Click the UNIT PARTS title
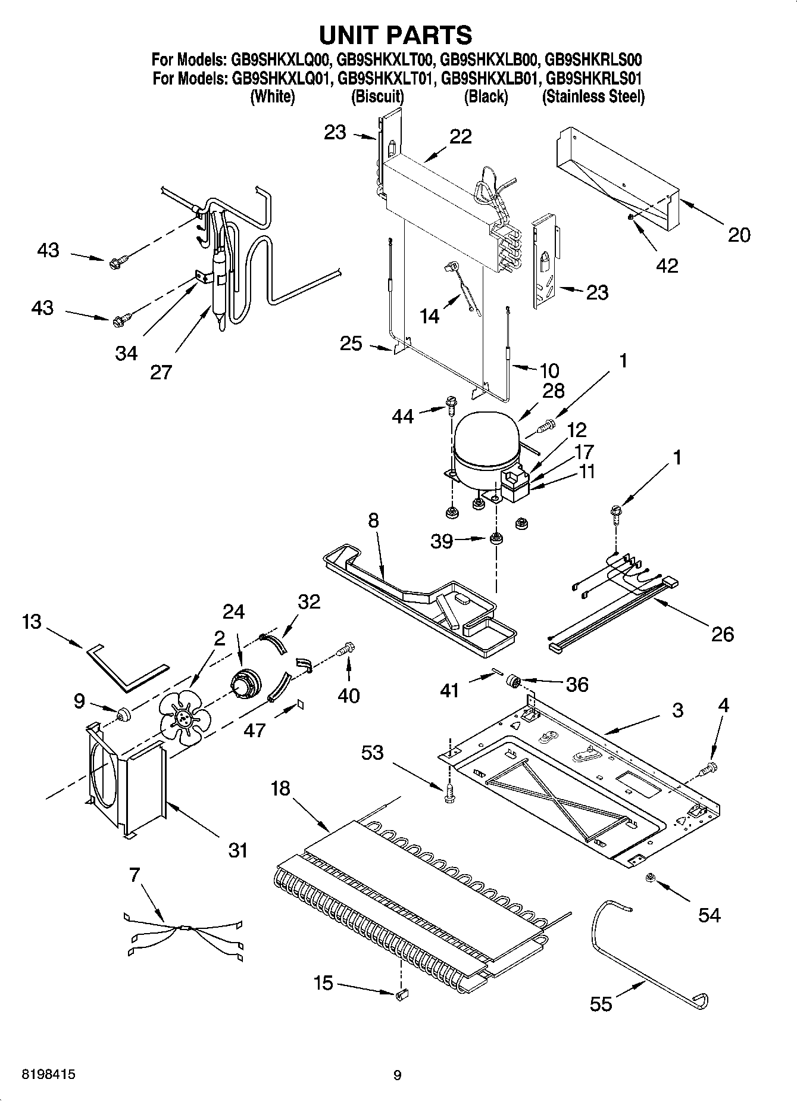396,36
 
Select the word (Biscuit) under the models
377,96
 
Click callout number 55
601,1004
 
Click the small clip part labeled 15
401,993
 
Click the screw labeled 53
448,794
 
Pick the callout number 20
739,235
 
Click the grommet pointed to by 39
495,539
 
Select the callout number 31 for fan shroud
237,850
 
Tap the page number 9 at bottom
398,1075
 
